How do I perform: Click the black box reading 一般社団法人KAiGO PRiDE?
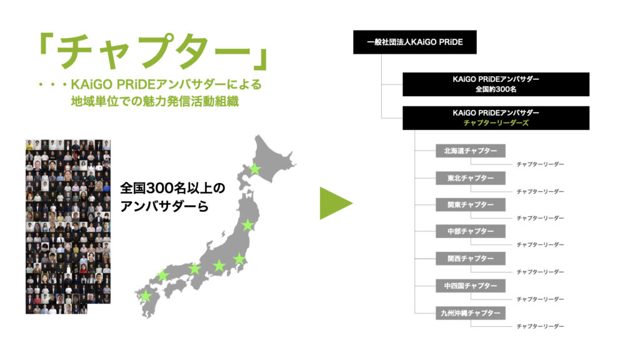[415, 42]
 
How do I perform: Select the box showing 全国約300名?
[496, 84]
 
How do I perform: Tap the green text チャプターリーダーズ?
[496, 123]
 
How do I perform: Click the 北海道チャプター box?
[470, 151]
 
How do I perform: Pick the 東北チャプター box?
[470, 178]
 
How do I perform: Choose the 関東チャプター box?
[470, 204]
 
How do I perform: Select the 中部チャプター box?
[470, 231]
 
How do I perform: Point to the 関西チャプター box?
[470, 258]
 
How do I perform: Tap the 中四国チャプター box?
[470, 286]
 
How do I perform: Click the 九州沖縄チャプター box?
[470, 313]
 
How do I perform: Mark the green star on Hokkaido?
[255, 169]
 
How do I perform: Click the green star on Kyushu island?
[146, 296]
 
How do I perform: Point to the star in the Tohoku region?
[247, 225]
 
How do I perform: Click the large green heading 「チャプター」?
[154, 52]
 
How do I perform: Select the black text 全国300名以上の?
[172, 188]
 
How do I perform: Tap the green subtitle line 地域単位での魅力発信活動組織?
[155, 101]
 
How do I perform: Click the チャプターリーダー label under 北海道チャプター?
[540, 164]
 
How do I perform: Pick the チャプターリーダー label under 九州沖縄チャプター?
[540, 326]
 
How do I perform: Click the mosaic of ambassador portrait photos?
[67, 226]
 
